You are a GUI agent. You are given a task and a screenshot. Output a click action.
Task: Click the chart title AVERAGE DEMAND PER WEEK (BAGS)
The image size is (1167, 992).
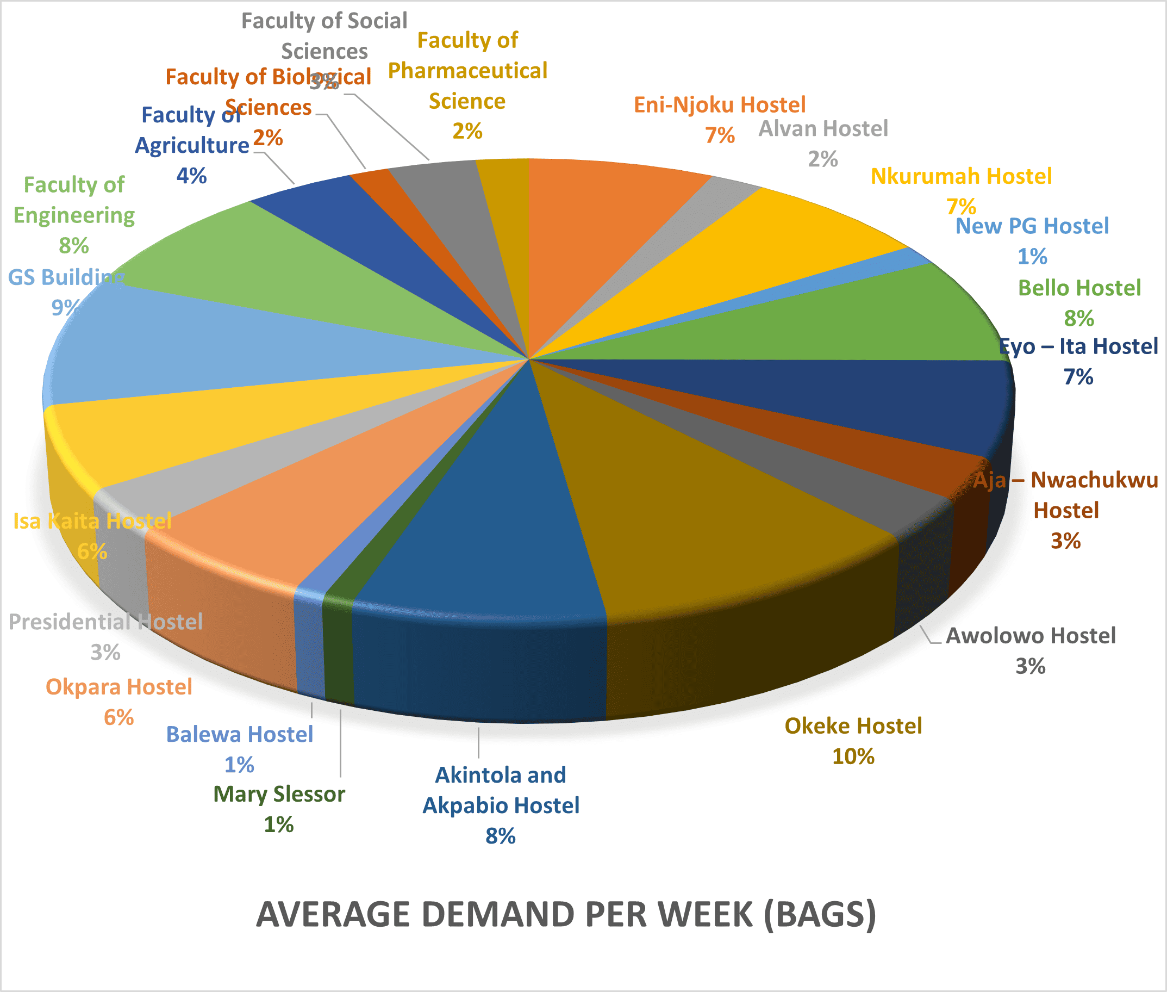pos(565,914)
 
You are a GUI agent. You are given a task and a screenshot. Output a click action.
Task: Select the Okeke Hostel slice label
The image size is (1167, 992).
pos(853,726)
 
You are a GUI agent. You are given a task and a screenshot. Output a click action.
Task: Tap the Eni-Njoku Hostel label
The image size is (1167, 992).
pos(719,105)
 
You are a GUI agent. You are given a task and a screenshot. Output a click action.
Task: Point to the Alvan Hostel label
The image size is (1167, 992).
pos(823,129)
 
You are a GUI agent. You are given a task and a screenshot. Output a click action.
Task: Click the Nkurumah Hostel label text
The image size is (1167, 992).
pos(960,177)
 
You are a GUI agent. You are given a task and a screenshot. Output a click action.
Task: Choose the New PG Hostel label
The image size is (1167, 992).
pos(1032,226)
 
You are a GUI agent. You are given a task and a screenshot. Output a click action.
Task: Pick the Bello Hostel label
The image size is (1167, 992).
pos(1079,288)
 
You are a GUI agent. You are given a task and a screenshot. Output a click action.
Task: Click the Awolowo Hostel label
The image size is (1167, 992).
pos(1031,636)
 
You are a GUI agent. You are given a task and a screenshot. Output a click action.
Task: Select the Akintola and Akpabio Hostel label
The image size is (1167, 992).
pos(501,790)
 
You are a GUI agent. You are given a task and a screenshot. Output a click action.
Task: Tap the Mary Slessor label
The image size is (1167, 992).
pos(279,794)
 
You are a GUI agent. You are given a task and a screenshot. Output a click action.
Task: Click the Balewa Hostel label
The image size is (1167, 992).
pos(240,734)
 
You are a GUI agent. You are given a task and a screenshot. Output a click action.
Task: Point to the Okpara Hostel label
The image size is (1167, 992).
pos(118,687)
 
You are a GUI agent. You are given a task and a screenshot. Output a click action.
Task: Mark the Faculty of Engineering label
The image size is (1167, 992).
pos(73,200)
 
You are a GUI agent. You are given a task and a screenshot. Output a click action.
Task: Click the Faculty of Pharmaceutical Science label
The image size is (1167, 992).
pos(467,71)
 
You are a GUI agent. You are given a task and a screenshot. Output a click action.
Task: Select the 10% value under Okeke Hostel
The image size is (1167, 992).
pos(853,757)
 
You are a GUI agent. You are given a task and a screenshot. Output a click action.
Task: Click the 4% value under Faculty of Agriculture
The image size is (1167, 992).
pos(191,176)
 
